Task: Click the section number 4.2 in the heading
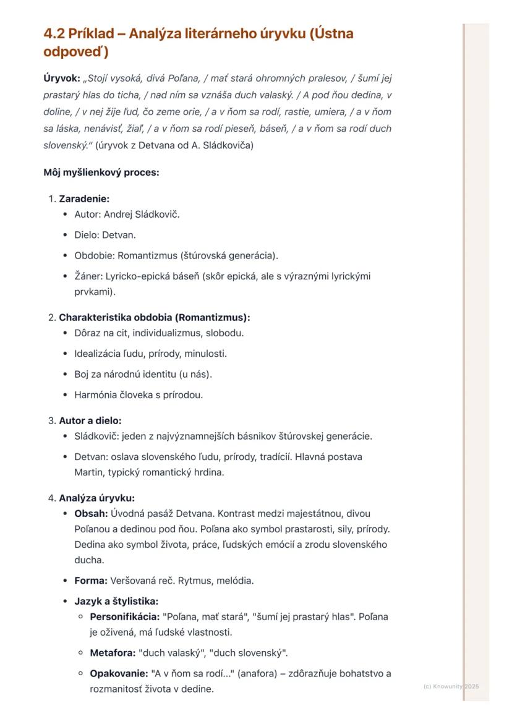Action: [54, 33]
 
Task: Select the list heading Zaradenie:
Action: [84, 198]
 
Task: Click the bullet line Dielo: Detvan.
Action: [105, 235]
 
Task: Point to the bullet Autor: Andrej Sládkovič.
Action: [127, 215]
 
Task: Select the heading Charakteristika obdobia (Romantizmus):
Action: [155, 317]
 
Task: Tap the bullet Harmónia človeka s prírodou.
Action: [139, 394]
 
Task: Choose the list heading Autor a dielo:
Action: [90, 420]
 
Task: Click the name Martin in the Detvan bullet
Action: [88, 472]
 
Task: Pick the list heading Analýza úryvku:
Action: [97, 498]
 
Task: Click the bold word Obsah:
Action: [92, 513]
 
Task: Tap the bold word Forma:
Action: [91, 581]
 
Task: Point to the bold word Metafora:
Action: [113, 652]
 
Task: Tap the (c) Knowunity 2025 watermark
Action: [451, 686]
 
